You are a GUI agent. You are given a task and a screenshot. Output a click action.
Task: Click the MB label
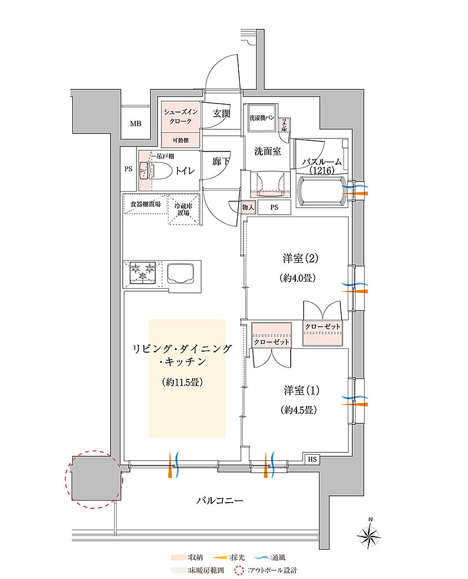click(136, 124)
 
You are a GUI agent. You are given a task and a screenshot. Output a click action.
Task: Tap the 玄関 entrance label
click(221, 114)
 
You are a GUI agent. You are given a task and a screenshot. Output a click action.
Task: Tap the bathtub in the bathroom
click(321, 189)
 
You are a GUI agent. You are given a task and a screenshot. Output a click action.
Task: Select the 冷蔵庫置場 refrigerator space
click(183, 209)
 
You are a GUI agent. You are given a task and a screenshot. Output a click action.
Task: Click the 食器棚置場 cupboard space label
click(145, 204)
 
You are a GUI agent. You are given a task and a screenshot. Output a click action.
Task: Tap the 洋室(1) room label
click(298, 390)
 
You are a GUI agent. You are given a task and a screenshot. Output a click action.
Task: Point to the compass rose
click(370, 533)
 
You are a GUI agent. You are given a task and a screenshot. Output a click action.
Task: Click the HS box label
click(312, 459)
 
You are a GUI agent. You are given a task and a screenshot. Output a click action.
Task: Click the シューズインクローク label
click(181, 117)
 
